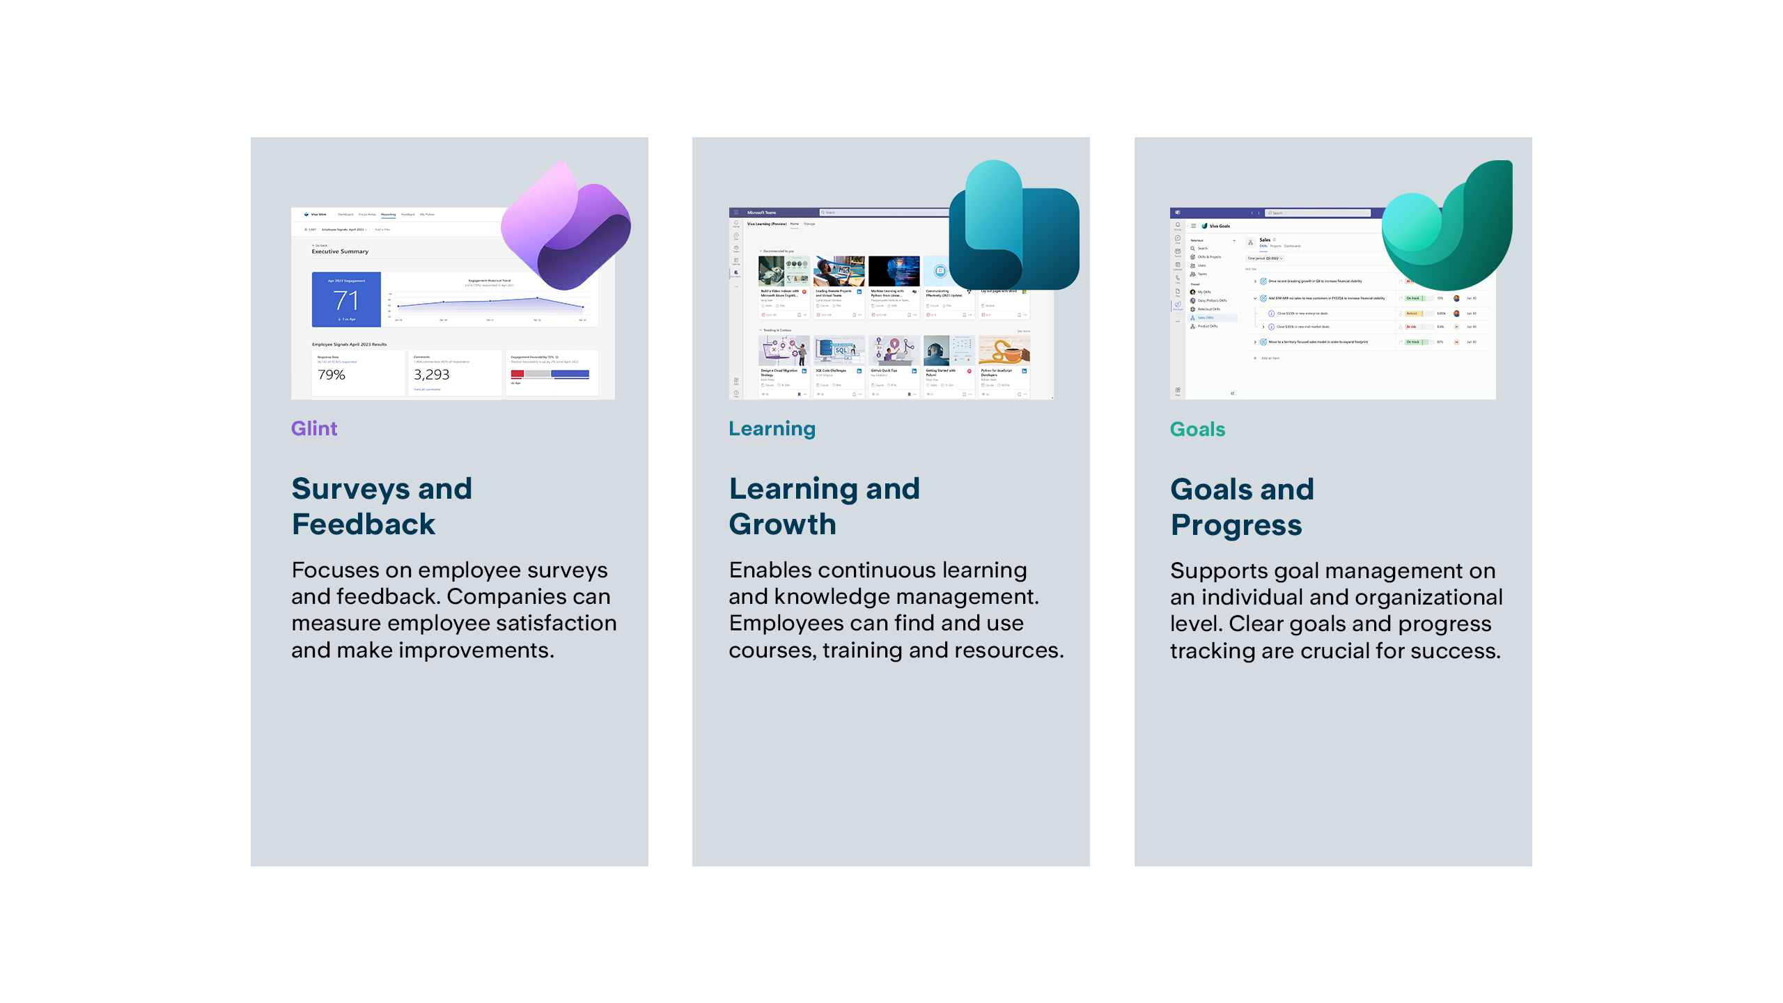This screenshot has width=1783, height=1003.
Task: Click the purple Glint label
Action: pos(314,428)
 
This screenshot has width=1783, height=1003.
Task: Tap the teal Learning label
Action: pos(772,428)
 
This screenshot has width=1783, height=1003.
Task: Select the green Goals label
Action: pos(1197,429)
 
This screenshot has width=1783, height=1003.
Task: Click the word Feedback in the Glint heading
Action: pos(364,524)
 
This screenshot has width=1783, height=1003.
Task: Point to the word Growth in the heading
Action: pos(782,524)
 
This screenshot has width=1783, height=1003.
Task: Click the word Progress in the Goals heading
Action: pos(1236,525)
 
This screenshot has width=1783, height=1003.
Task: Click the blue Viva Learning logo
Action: pos(1013,226)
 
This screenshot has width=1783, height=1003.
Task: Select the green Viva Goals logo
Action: pos(1449,226)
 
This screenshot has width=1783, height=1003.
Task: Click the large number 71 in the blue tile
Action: pos(346,301)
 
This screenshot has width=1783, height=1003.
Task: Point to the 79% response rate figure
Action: pos(332,375)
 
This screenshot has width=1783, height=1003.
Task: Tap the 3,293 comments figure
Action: pos(431,375)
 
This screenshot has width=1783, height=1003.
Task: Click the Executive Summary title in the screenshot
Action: pos(340,251)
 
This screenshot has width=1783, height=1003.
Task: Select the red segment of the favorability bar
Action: pos(517,374)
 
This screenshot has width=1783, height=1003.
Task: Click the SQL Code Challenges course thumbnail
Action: pos(839,350)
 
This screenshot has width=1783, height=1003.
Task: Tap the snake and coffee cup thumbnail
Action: pos(1004,350)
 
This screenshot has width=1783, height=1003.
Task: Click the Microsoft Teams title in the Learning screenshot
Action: pos(761,212)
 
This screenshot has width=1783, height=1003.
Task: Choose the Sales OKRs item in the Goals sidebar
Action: pos(1206,318)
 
